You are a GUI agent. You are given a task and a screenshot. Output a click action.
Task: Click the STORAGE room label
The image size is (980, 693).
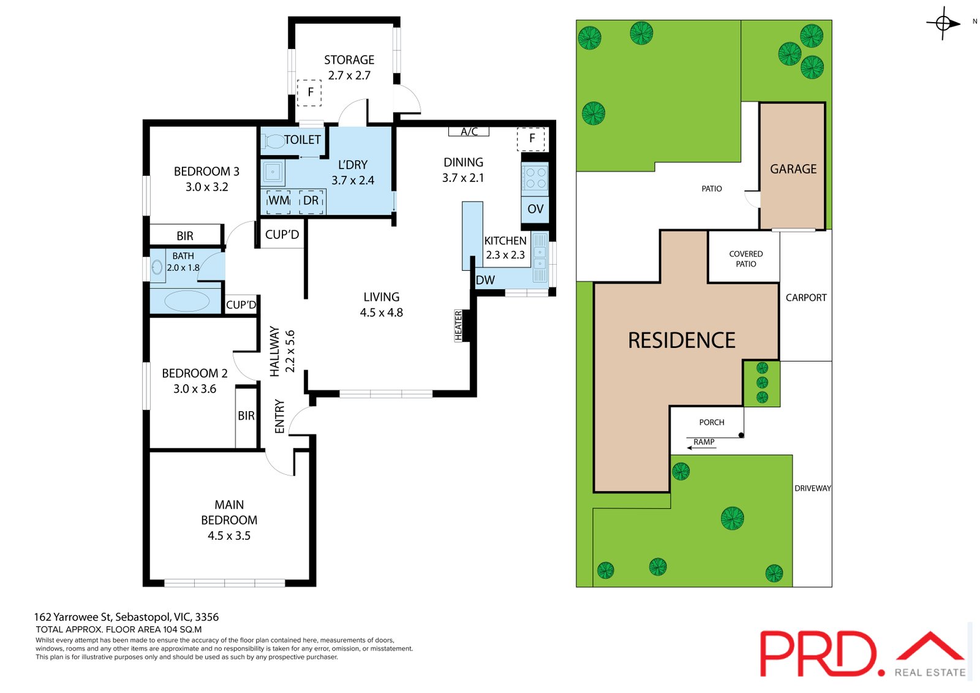pyautogui.click(x=349, y=59)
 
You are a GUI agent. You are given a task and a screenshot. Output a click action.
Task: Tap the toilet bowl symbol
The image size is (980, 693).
pyautogui.click(x=273, y=142)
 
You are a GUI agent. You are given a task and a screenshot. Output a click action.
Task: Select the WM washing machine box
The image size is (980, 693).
pyautogui.click(x=279, y=202)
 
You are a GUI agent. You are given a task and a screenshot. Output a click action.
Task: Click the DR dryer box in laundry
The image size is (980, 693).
pyautogui.click(x=311, y=202)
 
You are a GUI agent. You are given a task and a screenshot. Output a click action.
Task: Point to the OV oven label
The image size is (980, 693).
pyautogui.click(x=535, y=210)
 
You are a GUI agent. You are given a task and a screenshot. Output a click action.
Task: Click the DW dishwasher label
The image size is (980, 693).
pyautogui.click(x=485, y=280)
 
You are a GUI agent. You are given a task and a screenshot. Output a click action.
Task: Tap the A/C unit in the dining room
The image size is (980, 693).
pyautogui.click(x=469, y=131)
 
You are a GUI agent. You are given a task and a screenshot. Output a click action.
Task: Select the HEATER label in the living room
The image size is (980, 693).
pyautogui.click(x=458, y=326)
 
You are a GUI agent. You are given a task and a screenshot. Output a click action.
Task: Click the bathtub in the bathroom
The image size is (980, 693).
pyautogui.click(x=187, y=301)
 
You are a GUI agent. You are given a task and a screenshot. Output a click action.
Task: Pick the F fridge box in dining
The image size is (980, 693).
pyautogui.click(x=531, y=138)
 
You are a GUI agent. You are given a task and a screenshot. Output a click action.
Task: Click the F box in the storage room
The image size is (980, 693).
pyautogui.click(x=309, y=93)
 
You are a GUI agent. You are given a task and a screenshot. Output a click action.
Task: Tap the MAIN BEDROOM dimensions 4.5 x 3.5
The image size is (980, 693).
pyautogui.click(x=229, y=536)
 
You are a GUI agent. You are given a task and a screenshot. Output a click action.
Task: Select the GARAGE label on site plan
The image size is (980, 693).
pyautogui.click(x=793, y=169)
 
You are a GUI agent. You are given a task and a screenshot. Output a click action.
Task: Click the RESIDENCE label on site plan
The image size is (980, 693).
pyautogui.click(x=681, y=341)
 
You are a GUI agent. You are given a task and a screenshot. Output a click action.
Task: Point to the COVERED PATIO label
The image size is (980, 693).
pyautogui.click(x=745, y=259)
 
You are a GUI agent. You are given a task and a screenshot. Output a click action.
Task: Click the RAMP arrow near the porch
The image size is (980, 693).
pyautogui.click(x=702, y=448)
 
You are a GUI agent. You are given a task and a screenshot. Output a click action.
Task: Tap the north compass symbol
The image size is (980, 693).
pyautogui.click(x=943, y=23)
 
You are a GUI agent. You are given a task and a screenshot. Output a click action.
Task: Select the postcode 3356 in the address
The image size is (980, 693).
pyautogui.click(x=206, y=617)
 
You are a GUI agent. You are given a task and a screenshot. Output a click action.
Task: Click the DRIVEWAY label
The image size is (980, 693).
pyautogui.click(x=812, y=488)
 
